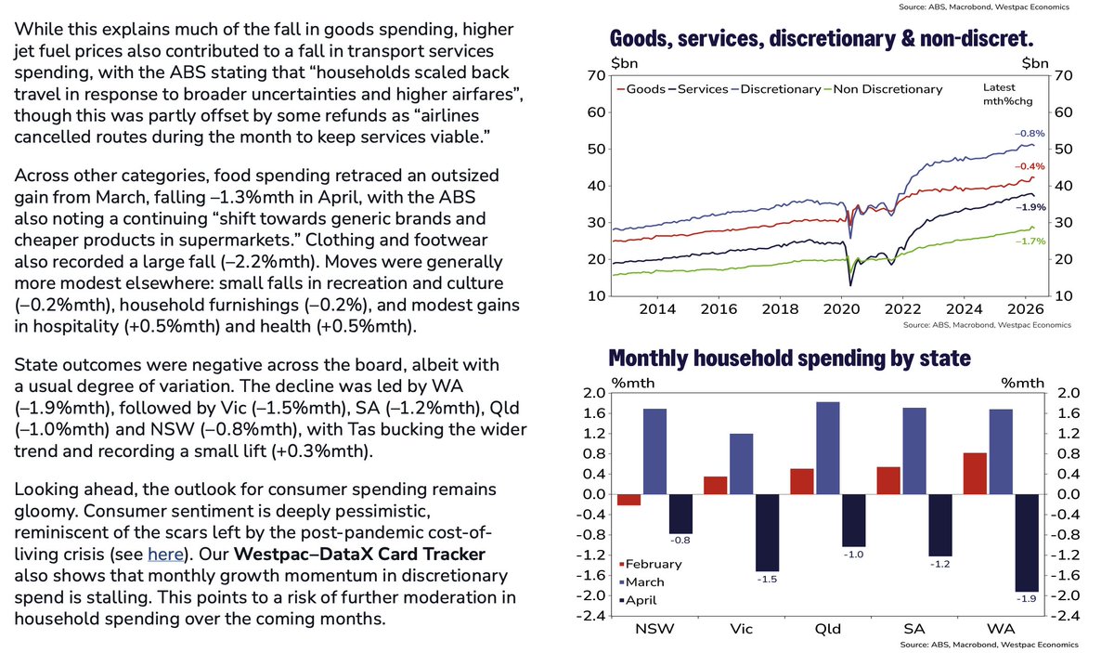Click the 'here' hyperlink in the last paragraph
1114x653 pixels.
[x=165, y=554]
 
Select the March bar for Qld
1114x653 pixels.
[x=828, y=448]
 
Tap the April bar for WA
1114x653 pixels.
[x=1027, y=542]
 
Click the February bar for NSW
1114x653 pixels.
[x=629, y=500]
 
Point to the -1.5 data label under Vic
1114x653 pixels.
[x=767, y=580]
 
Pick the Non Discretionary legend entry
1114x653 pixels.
[x=883, y=89]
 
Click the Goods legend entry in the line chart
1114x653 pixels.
[x=641, y=89]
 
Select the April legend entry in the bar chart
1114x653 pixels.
[x=638, y=600]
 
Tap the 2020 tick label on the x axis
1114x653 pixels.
[x=841, y=309]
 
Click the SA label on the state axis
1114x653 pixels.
[x=914, y=629]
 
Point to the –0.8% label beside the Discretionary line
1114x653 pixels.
[x=1030, y=134]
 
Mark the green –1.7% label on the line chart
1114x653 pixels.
[x=1030, y=242]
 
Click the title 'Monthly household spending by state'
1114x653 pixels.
[x=790, y=359]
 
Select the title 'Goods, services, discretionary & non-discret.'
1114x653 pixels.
[x=822, y=39]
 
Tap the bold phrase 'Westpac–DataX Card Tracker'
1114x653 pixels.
[x=359, y=554]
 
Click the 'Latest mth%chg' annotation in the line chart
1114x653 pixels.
[x=1007, y=94]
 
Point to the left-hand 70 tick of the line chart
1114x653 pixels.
[x=596, y=75]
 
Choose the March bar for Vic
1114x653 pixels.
[x=742, y=464]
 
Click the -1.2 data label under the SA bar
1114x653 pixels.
[x=939, y=564]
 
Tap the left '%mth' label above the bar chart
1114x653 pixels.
[x=632, y=383]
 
